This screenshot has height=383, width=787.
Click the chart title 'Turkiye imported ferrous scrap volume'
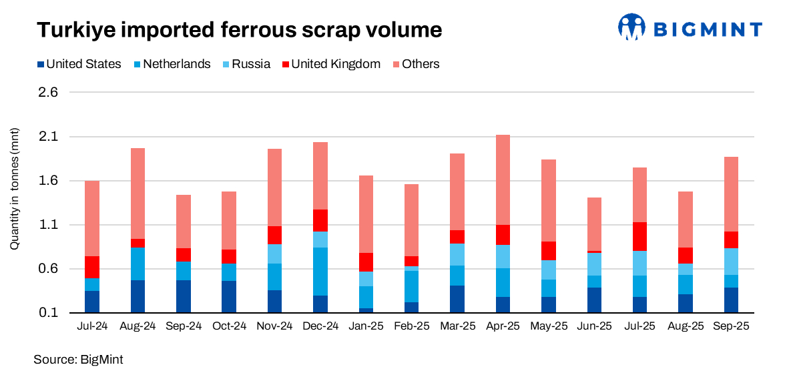click(x=239, y=30)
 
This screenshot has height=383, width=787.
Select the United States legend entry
click(x=79, y=64)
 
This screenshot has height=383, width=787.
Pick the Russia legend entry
click(x=245, y=64)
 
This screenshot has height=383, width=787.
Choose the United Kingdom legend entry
click(x=330, y=64)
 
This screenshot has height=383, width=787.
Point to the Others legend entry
click(x=415, y=64)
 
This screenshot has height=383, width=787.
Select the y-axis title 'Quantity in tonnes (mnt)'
click(x=14, y=189)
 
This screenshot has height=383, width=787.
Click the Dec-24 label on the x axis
click(x=320, y=326)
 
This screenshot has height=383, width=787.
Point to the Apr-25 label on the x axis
click(x=503, y=326)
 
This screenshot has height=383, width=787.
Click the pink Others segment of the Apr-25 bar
click(x=503, y=179)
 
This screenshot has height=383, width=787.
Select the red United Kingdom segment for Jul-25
click(x=639, y=236)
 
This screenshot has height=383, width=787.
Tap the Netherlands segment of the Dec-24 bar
click(x=320, y=271)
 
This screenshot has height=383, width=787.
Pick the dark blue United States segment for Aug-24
click(x=138, y=296)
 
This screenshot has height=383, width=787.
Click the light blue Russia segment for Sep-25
click(x=730, y=261)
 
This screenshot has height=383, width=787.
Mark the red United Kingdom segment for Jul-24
click(x=92, y=267)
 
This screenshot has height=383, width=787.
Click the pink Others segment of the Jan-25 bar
click(x=366, y=214)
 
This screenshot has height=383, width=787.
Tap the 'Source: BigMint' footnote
click(x=78, y=360)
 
